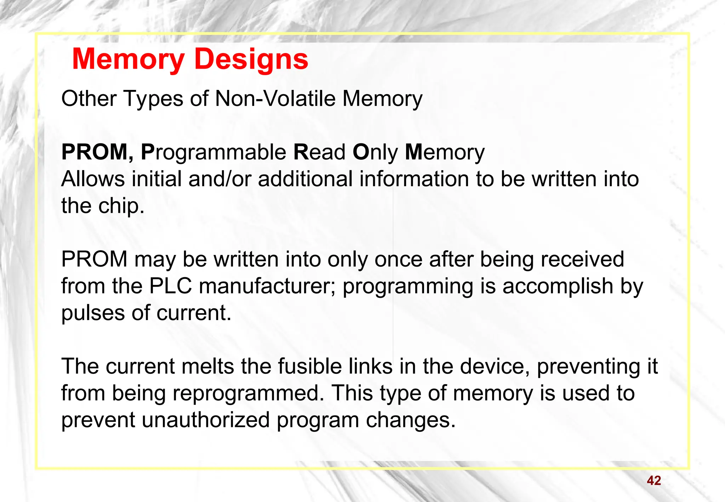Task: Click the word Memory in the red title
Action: click(128, 59)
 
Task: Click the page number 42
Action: click(653, 480)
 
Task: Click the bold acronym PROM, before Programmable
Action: click(97, 152)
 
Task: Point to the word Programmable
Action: click(213, 153)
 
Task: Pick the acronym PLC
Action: click(171, 286)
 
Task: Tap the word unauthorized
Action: click(206, 420)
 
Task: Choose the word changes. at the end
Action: click(410, 420)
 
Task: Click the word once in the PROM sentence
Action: click(398, 259)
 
